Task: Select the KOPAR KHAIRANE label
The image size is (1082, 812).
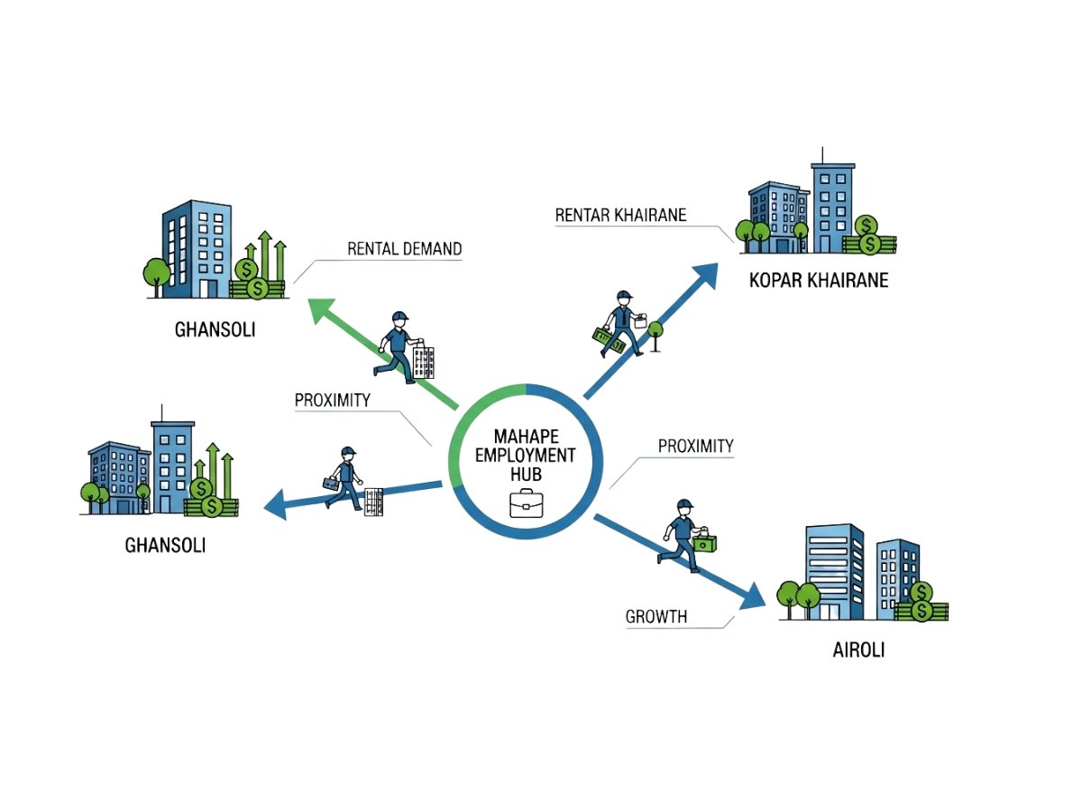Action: (819, 280)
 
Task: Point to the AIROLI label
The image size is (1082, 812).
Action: (858, 650)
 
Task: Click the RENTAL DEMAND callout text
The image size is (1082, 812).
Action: (404, 249)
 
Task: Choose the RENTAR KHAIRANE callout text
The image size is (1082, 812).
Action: (620, 215)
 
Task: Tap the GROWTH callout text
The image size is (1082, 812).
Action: (656, 617)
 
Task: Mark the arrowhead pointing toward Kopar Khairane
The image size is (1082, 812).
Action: (704, 274)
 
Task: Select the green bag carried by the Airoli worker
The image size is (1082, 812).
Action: (704, 541)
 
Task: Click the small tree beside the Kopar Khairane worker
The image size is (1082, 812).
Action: (656, 333)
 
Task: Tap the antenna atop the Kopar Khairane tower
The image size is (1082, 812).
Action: (821, 155)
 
